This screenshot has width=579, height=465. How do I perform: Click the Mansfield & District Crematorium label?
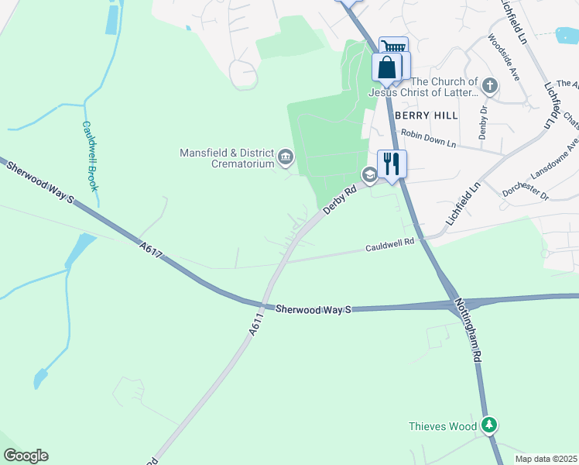pos(228,157)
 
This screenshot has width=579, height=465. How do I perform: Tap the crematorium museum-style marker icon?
pos(286,159)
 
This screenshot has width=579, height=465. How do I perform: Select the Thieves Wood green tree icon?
pos(488,425)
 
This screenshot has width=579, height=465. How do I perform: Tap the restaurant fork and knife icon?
pos(392,164)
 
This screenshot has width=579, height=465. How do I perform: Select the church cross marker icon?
pos(489,86)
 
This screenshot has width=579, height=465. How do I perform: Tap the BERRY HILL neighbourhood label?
pos(427,115)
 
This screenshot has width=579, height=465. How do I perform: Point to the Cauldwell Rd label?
pos(390,246)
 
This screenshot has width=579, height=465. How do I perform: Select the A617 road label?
pos(151,250)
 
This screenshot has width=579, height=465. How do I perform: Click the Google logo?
pos(26,456)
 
